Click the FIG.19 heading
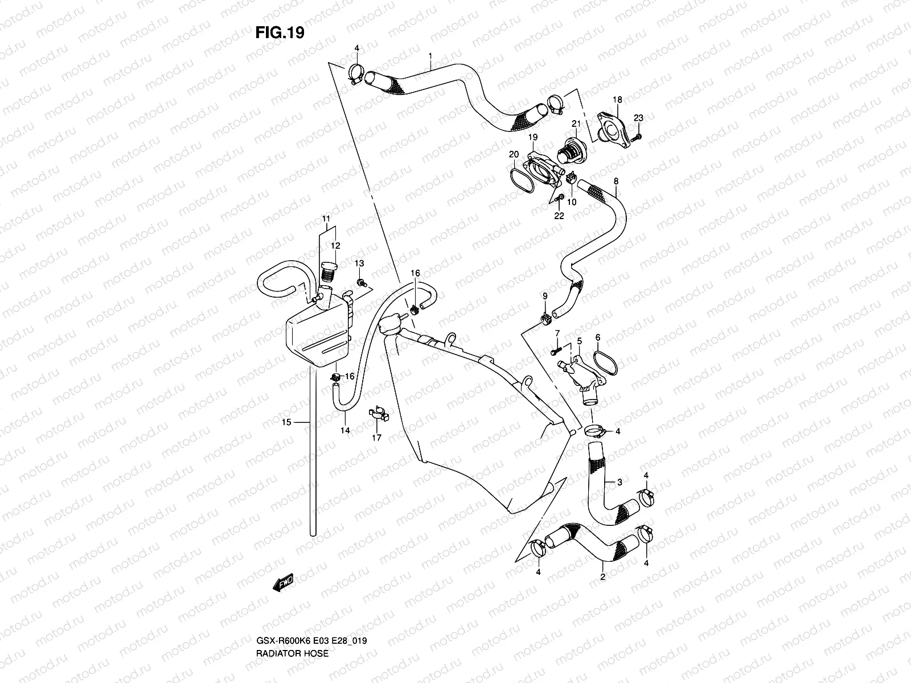click(x=280, y=33)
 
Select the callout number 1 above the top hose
click(x=430, y=56)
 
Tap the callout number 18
click(x=618, y=99)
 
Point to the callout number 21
click(x=576, y=124)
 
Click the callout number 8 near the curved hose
click(x=615, y=181)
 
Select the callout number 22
click(x=559, y=216)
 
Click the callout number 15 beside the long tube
click(x=286, y=422)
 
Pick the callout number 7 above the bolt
click(x=557, y=332)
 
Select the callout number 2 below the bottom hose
click(x=602, y=577)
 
